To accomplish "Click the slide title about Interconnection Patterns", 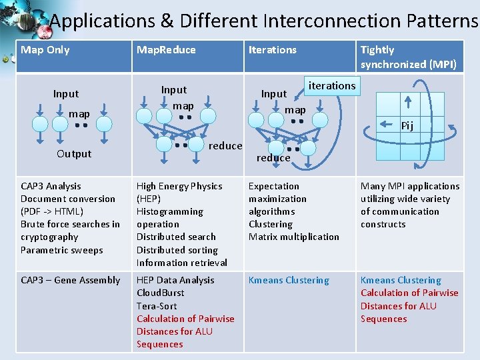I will [263, 21].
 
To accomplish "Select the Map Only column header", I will [45, 50].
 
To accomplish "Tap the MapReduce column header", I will [166, 50].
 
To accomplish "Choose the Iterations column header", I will [273, 50].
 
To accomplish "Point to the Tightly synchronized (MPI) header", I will [408, 57].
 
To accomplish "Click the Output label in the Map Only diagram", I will [74, 153].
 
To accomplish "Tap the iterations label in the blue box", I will [331, 85].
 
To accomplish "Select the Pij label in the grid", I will [407, 126].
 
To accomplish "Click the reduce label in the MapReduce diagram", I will [225, 146].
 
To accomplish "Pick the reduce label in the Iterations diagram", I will [273, 158].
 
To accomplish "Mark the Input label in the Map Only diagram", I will [66, 94].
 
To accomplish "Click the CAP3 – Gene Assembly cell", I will [71, 281].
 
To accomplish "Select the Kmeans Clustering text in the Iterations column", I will [289, 281].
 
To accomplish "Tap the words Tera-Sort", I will [157, 306].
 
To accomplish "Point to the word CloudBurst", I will [161, 293].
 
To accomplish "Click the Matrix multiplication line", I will [294, 237].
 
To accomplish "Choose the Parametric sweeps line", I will [62, 250].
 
